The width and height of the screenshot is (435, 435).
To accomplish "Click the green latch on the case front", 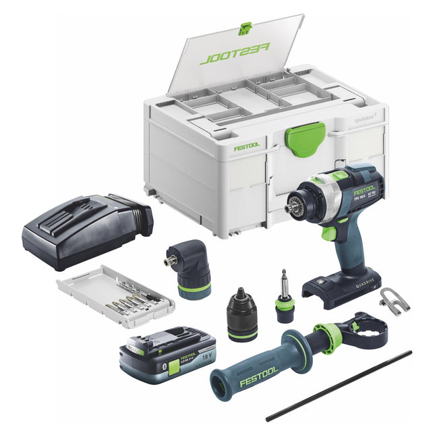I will click(306, 138).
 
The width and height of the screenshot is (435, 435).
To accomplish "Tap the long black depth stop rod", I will click(337, 385).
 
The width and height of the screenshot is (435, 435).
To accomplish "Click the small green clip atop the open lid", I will click(246, 28).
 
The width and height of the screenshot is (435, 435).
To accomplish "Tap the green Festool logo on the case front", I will click(247, 146).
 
